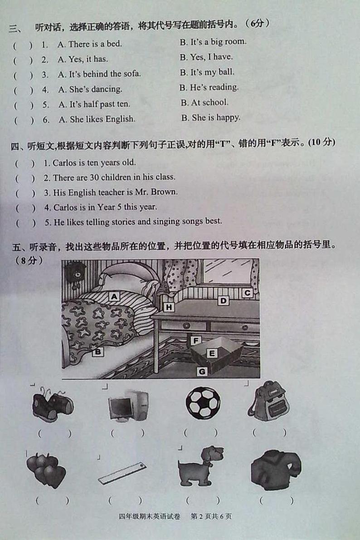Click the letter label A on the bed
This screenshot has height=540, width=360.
114,296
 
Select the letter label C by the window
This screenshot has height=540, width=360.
247,293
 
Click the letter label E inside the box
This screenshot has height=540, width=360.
211,353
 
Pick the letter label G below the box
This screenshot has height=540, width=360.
202,372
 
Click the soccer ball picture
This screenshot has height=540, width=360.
203,403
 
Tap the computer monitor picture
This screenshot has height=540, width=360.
128,405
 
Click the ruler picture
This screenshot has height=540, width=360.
122,473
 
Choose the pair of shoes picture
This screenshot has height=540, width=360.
52,403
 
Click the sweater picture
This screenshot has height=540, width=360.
275,470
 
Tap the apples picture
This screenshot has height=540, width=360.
45,470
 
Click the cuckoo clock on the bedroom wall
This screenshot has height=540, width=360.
75,273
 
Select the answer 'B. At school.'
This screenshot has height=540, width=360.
204,103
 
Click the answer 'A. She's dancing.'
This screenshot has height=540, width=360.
90,89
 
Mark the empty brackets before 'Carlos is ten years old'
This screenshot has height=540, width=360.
25,163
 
